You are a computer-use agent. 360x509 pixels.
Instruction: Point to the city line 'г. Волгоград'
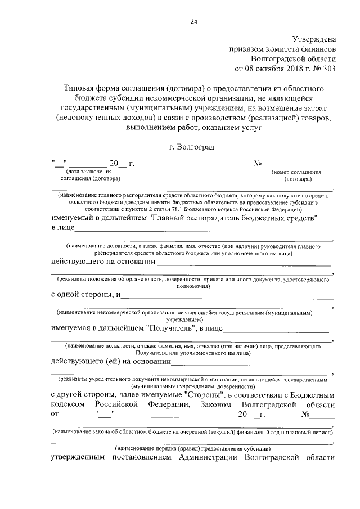191,147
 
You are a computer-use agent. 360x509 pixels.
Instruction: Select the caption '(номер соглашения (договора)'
296,175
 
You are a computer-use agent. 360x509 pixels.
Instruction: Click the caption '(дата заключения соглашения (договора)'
90,175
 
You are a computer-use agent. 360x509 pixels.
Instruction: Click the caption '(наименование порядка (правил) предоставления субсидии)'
193,448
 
